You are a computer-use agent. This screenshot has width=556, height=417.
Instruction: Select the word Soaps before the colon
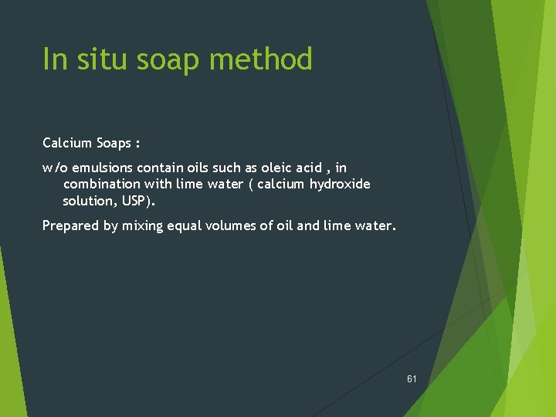tap(113, 143)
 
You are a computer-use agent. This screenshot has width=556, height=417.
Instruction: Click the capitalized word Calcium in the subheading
tap(67, 143)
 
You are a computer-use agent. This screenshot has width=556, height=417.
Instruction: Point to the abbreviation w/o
tap(55, 168)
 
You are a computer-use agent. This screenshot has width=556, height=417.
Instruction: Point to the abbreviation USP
tap(136, 201)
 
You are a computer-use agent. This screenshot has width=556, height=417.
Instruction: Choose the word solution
tap(87, 201)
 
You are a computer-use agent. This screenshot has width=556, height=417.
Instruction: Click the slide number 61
tap(412, 379)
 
